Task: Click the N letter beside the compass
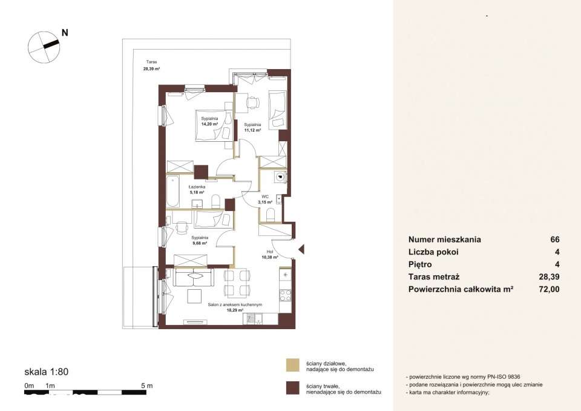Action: click(x=65, y=33)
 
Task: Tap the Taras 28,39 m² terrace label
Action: click(x=151, y=65)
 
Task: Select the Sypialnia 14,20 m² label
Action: click(x=209, y=121)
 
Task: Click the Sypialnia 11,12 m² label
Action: click(x=252, y=128)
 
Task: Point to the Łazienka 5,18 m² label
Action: click(x=196, y=190)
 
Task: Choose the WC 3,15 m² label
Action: click(x=265, y=199)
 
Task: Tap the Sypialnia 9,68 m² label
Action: click(x=199, y=240)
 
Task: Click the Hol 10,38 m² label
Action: click(x=270, y=254)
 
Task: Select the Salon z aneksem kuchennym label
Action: click(x=235, y=305)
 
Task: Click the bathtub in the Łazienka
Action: click(x=172, y=192)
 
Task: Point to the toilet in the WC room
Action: click(x=271, y=215)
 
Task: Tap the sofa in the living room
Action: click(x=194, y=278)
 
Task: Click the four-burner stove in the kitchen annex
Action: click(x=285, y=295)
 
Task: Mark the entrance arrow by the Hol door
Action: click(x=301, y=249)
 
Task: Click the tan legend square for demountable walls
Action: click(x=293, y=366)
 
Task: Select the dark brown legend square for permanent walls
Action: click(x=293, y=388)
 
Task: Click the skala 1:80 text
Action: click(x=47, y=372)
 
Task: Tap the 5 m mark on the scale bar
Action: click(x=146, y=386)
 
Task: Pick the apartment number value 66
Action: click(x=555, y=239)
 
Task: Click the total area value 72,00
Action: click(x=549, y=289)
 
